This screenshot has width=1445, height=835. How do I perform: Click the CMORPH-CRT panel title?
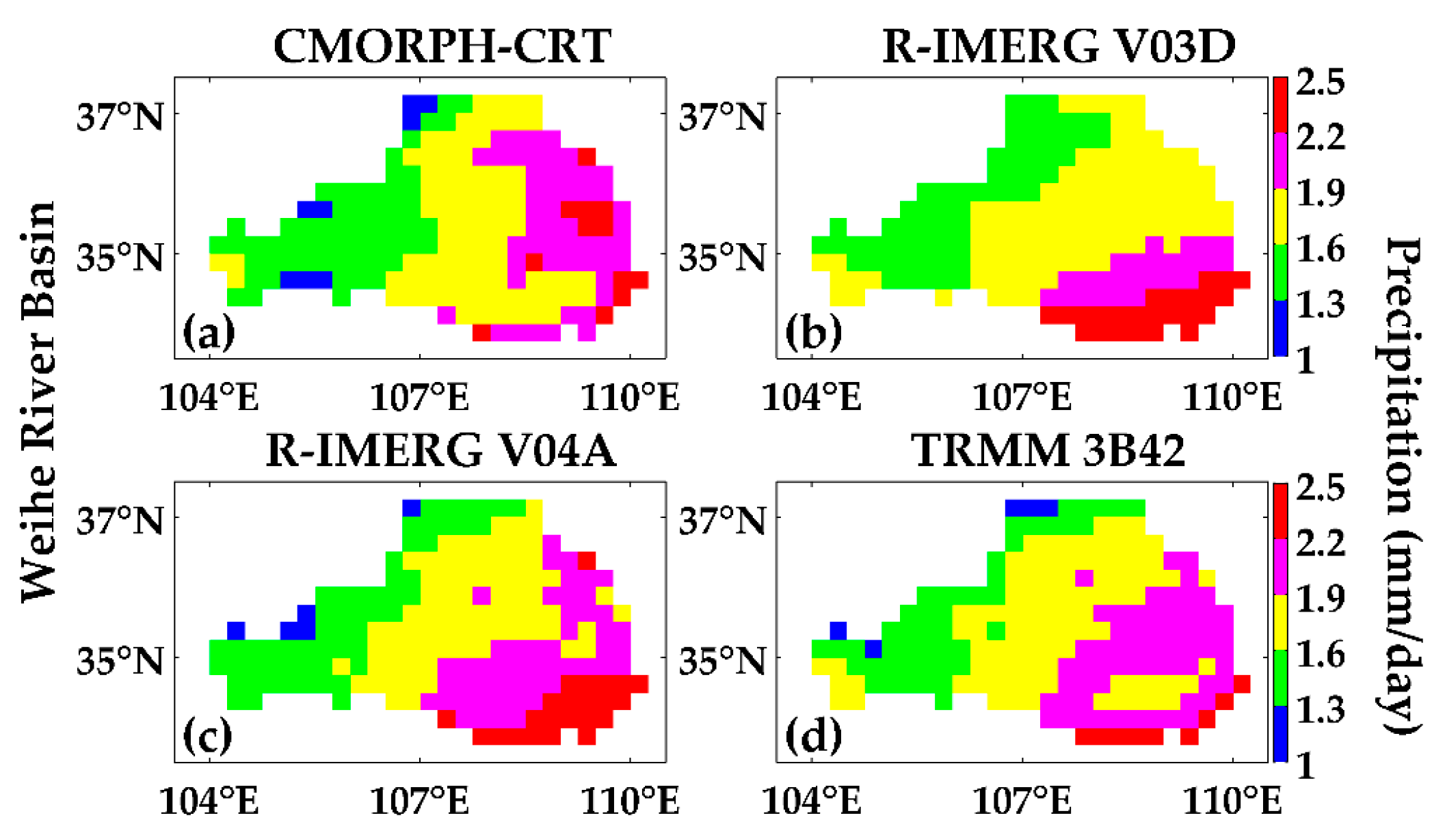442,46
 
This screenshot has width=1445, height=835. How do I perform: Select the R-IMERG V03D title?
1059,46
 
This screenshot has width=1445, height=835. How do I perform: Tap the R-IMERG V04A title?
440,451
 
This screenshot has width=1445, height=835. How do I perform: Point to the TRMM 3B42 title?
1048,451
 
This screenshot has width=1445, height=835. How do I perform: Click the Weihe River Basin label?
39,402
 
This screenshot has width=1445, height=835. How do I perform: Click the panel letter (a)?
209,332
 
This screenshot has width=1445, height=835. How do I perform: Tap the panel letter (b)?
813,332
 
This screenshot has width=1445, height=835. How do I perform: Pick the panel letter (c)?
207,736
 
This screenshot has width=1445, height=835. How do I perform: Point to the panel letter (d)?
813,736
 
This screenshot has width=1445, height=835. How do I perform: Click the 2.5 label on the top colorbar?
1319,82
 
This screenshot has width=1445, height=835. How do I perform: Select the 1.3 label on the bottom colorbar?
1319,711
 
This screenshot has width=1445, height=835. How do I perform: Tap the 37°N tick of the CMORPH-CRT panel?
120,117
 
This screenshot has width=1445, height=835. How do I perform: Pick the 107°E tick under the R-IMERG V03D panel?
1022,396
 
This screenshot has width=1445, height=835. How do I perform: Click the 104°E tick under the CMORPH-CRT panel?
209,396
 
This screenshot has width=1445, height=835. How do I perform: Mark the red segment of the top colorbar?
1280,105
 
